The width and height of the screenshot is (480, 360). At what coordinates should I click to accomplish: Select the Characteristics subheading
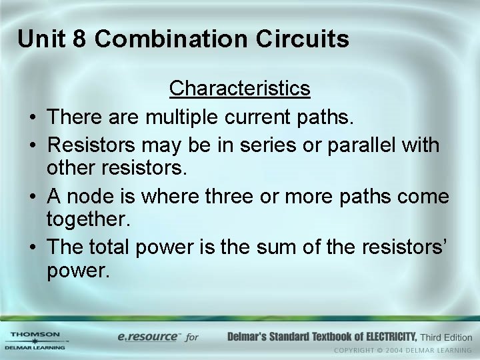pyautogui.click(x=239, y=88)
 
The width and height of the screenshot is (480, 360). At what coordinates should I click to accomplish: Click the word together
pyautogui.click(x=89, y=219)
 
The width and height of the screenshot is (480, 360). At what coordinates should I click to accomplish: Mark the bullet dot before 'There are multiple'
pyautogui.click(x=33, y=119)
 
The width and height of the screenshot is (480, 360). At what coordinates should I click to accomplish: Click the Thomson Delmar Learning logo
pyautogui.click(x=35, y=340)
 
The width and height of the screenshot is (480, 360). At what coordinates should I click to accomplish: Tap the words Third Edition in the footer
pyautogui.click(x=447, y=336)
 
